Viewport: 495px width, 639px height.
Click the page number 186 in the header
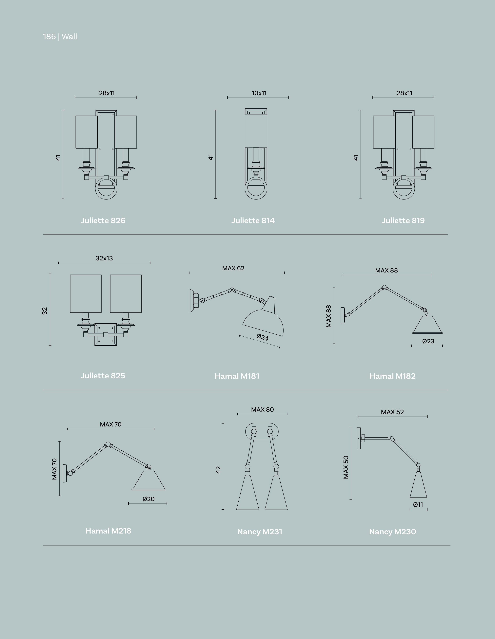click(x=49, y=37)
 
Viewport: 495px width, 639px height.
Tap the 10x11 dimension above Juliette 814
click(x=259, y=93)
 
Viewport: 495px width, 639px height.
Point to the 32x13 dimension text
click(x=104, y=258)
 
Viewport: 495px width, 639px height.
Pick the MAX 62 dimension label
click(x=233, y=268)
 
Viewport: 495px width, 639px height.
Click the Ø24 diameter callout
click(x=262, y=337)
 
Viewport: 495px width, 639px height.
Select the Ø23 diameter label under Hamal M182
click(x=428, y=341)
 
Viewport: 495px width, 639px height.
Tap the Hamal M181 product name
click(x=237, y=376)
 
